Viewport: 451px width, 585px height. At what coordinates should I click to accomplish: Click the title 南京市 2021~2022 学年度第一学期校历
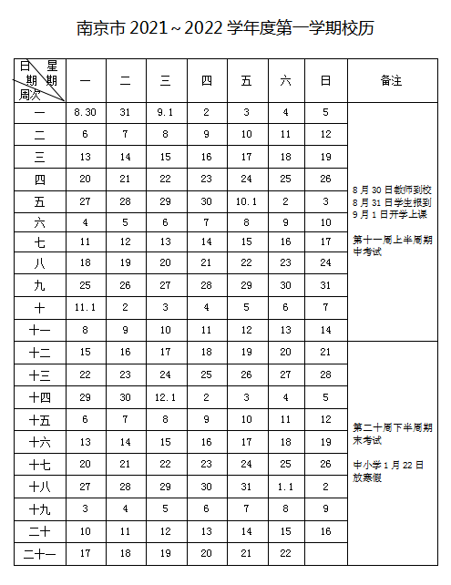pyautogui.click(x=225, y=28)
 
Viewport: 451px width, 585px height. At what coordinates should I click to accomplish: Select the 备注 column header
pyautogui.click(x=391, y=80)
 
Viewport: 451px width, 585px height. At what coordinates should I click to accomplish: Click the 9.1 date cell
pyautogui.click(x=165, y=112)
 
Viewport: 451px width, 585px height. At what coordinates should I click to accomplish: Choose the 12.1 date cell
pyautogui.click(x=165, y=397)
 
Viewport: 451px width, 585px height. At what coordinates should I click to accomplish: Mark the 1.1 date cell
pyautogui.click(x=286, y=486)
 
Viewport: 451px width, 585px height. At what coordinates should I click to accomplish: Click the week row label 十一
pyautogui.click(x=39, y=331)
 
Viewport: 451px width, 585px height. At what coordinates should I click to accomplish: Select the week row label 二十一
pyautogui.click(x=39, y=552)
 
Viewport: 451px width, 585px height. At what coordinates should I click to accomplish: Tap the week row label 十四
pyautogui.click(x=39, y=397)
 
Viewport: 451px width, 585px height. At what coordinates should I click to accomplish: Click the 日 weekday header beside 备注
pyautogui.click(x=325, y=80)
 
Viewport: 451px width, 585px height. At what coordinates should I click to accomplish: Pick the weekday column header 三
pyautogui.click(x=165, y=80)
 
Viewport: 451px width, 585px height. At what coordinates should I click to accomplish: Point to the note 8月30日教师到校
pyautogui.click(x=391, y=190)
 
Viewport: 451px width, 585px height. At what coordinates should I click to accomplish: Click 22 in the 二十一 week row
pyautogui.click(x=286, y=552)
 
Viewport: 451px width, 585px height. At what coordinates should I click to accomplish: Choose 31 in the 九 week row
pyautogui.click(x=325, y=286)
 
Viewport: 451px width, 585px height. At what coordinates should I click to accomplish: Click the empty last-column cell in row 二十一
pyautogui.click(x=325, y=552)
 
